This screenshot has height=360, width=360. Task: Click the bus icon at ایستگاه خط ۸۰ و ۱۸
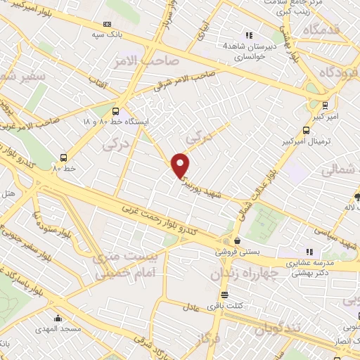[x=116, y=111]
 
